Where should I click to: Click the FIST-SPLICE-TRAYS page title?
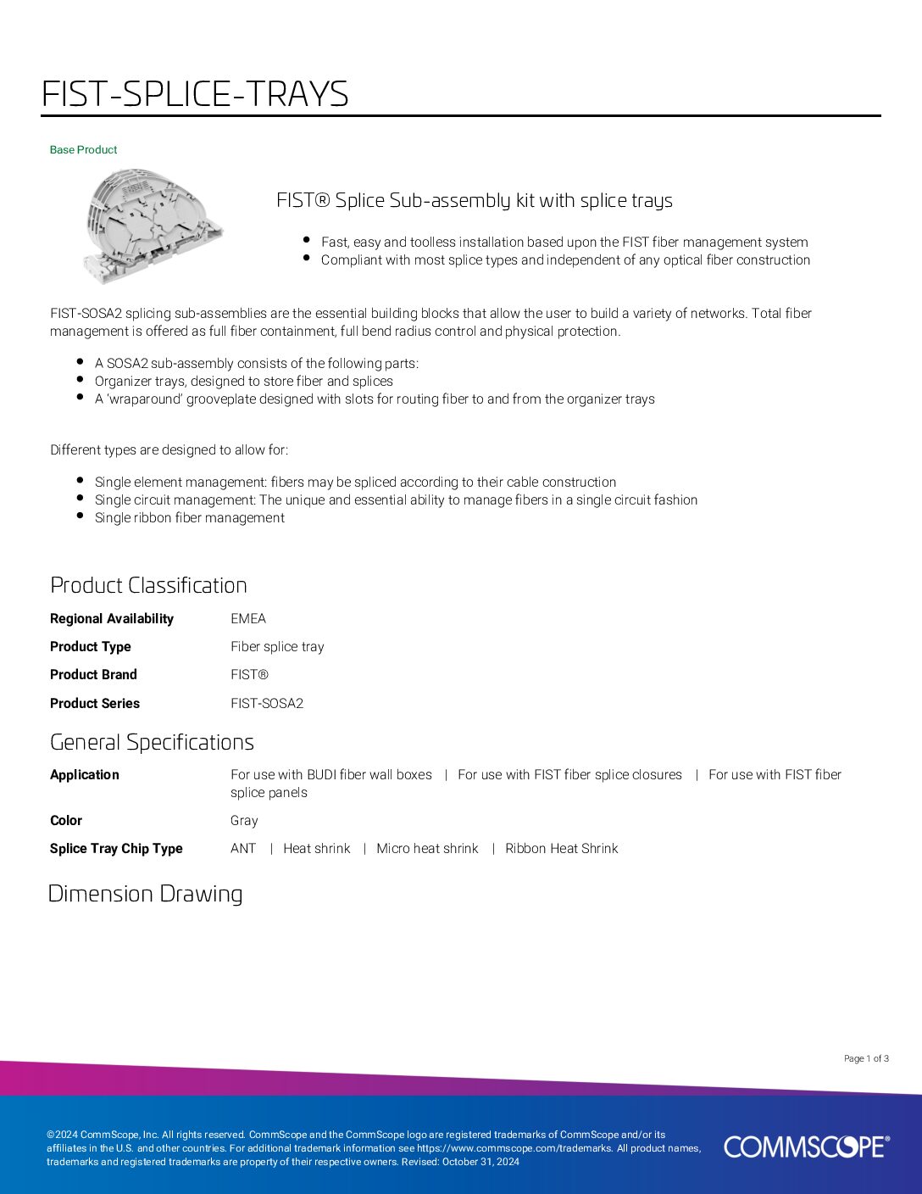coord(195,94)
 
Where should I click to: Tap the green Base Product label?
coord(83,150)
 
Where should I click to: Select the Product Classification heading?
coord(148,585)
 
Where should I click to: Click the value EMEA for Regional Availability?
coord(248,619)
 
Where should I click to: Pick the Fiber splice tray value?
coord(277,647)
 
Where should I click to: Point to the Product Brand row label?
coord(93,675)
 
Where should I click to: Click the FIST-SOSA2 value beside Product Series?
coord(267,704)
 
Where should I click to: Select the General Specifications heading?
coord(152,742)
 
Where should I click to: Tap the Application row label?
coord(85,775)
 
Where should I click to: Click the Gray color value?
coord(244,821)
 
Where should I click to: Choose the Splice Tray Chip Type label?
coord(116,849)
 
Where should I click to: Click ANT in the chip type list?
coord(243,849)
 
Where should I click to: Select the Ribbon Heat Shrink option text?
coord(561,849)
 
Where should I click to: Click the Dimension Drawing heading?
coord(145,894)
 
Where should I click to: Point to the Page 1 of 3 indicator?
coord(866,1058)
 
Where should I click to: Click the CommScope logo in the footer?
coord(806,1147)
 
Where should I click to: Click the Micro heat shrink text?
coord(427,849)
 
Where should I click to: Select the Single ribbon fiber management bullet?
coord(189,518)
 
